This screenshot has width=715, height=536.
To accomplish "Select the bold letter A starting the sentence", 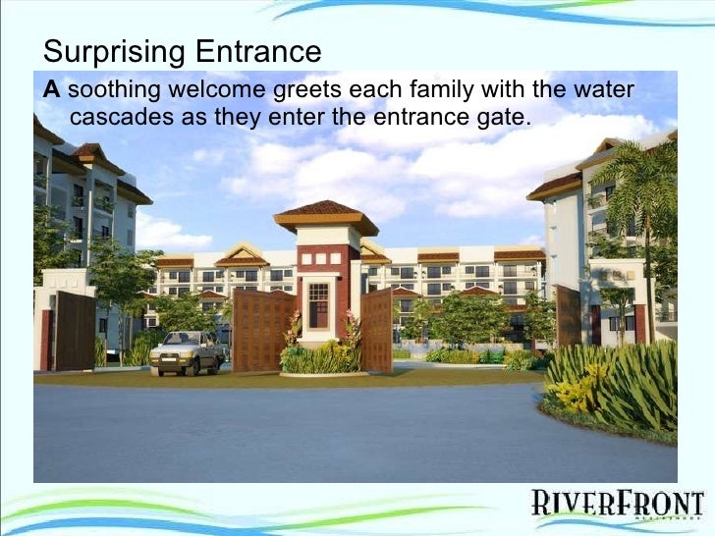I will [51, 92].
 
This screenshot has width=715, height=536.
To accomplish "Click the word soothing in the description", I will [114, 92].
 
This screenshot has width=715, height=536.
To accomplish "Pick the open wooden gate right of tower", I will [376, 330].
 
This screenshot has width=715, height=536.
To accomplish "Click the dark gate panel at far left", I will [75, 331].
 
